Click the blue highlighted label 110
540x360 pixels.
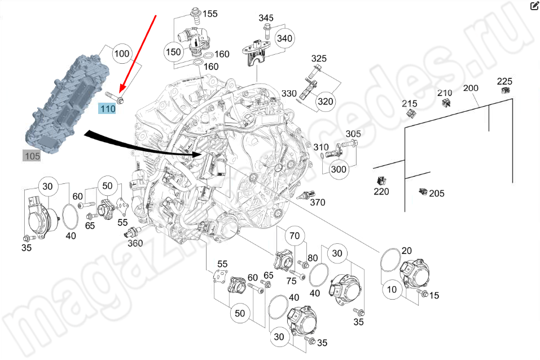coord(107,108)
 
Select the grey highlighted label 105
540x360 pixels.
coord(32,156)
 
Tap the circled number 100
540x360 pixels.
coord(121,54)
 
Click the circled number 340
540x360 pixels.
coord(285,38)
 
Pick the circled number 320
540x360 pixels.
coord(326,102)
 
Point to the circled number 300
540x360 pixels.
coord(339,169)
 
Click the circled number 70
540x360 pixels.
coord(293,235)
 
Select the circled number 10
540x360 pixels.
coord(392,289)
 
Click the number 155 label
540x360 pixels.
coord(210,14)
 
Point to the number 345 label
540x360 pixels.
coord(266,18)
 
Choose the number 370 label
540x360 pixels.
coord(318,203)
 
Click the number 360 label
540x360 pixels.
coord(135,243)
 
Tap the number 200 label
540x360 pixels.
coord(470,88)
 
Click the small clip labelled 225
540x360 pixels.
coord(506,90)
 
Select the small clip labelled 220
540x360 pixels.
coord(380,181)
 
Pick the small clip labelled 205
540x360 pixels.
coord(422,192)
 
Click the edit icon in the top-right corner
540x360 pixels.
coord(534,6)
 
